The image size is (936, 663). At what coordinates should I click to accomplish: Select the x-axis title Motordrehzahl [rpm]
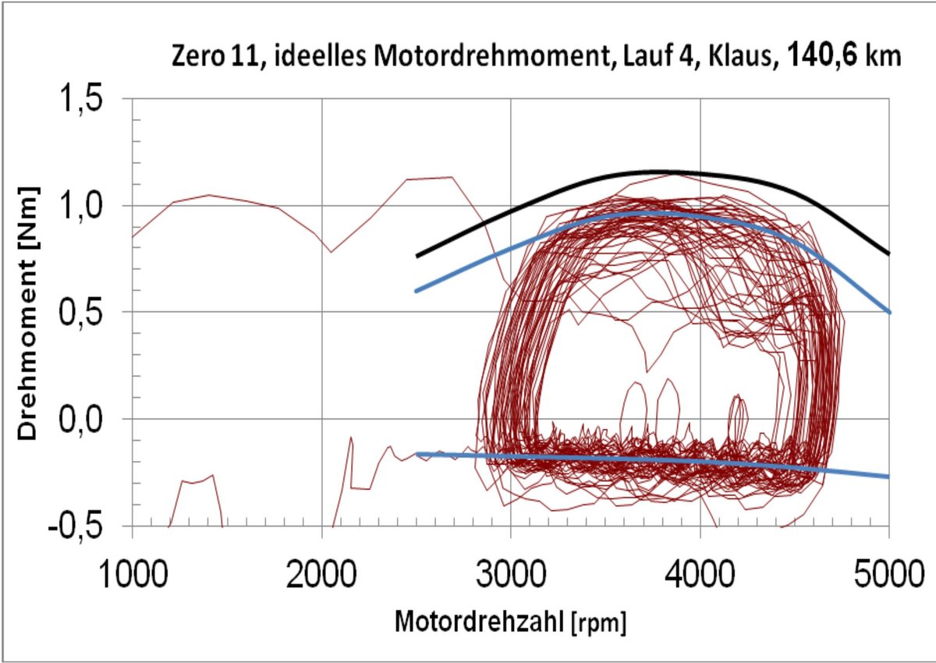tap(511, 622)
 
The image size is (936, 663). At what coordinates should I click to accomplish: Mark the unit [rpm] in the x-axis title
tap(601, 624)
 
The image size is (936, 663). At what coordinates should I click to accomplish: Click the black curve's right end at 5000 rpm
tap(888, 253)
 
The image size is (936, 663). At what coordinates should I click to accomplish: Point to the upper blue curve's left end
tap(417, 290)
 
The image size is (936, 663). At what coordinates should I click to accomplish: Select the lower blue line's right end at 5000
tap(888, 476)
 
